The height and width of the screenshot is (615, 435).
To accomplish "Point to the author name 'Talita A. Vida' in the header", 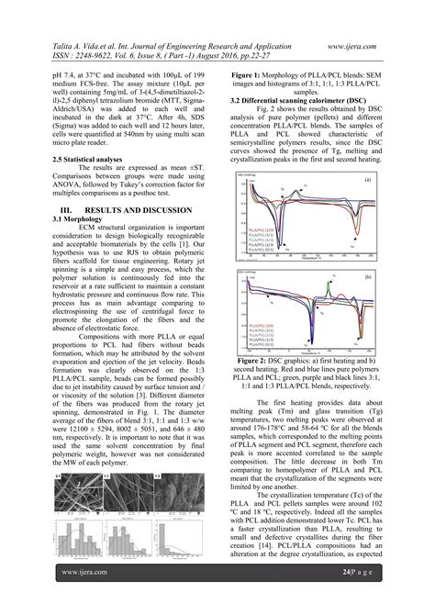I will click(83, 43).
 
